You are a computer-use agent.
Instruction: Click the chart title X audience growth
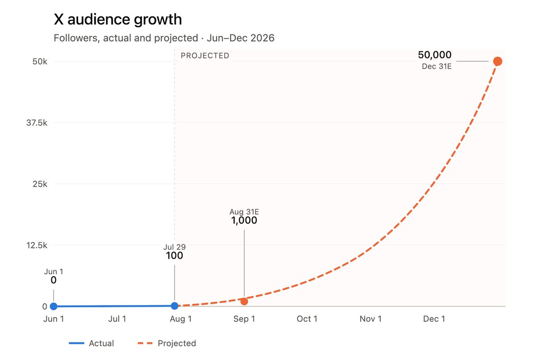coord(118,19)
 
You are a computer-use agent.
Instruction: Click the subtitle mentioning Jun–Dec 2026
coord(164,38)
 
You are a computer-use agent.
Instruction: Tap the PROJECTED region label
coord(205,56)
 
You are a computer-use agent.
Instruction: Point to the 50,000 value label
coord(435,55)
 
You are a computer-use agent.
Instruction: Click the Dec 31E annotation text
coord(436,67)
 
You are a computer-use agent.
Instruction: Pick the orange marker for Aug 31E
coord(244,301)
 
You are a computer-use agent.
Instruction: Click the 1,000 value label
coord(244,221)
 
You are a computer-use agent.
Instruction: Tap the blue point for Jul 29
coord(175,306)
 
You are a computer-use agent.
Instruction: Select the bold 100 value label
coord(175,256)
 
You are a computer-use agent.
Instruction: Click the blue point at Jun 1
coord(54,306)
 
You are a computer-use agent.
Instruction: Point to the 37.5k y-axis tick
coord(37,123)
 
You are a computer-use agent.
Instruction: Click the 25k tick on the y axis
coord(40,184)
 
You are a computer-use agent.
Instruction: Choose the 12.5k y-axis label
coord(37,245)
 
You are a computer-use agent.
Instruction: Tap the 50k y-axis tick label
coord(40,62)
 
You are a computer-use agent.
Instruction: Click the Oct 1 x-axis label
coord(307,319)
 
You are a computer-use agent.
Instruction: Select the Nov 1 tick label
coord(370,319)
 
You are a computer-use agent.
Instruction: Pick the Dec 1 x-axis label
coord(434,319)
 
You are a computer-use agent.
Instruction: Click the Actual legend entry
coord(92,343)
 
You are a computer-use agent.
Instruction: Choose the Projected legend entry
coord(167,343)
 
